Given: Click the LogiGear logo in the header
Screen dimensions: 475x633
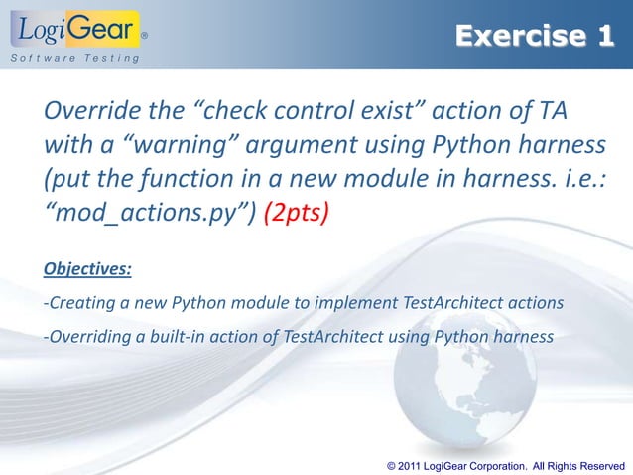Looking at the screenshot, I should coord(75,29).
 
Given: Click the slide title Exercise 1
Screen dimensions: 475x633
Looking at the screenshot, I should coord(535,37).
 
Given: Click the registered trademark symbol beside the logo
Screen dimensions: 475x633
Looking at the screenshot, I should coord(145,35).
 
